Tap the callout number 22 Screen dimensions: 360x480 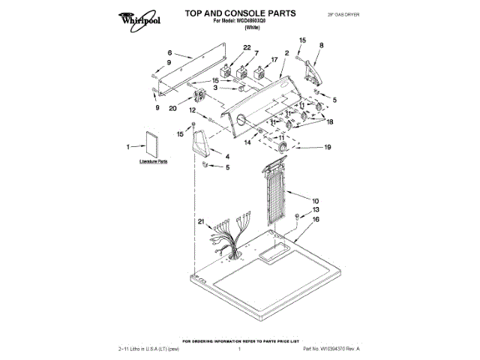coord(226,48)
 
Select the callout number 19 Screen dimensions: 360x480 coord(327,148)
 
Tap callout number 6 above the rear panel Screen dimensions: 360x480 coord(169,53)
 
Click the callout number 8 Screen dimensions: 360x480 coord(321,46)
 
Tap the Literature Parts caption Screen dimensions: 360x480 coord(153,162)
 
